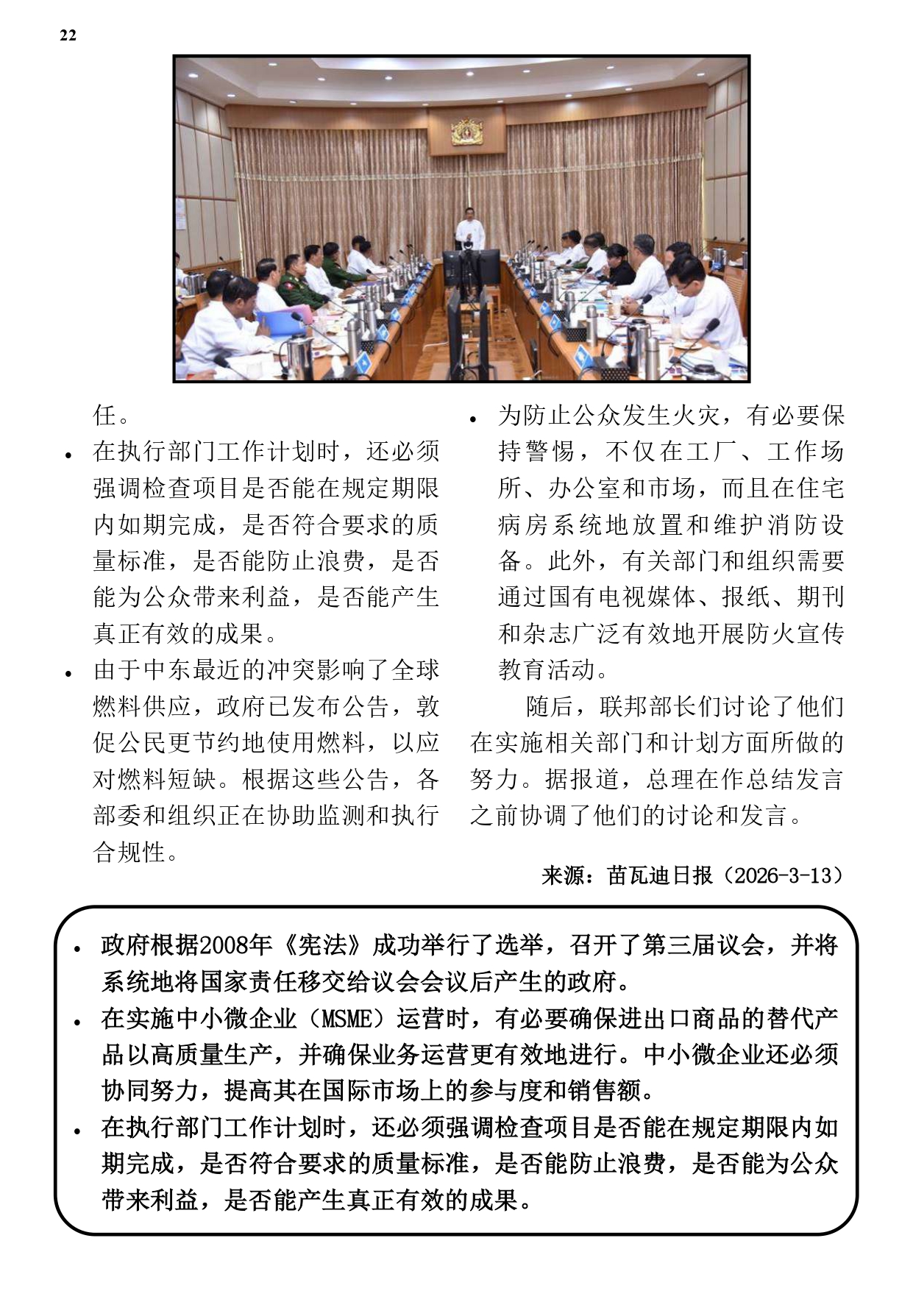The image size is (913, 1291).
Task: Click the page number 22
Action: click(68, 35)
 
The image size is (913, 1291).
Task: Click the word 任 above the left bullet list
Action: click(105, 415)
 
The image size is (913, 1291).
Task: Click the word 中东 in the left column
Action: click(168, 670)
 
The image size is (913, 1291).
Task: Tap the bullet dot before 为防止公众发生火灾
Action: click(473, 420)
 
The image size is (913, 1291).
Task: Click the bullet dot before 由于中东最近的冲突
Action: click(68, 674)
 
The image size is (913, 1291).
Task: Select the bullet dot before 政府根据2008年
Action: click(77, 949)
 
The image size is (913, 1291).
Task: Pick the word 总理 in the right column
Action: click(671, 779)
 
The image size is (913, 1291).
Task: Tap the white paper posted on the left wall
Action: click(180, 224)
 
